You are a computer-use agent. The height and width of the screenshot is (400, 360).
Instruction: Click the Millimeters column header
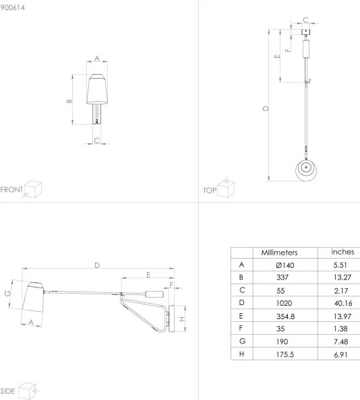tap(279, 252)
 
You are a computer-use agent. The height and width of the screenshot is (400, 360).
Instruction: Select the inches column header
tap(342, 251)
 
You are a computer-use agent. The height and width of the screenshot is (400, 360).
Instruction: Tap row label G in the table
tap(241, 341)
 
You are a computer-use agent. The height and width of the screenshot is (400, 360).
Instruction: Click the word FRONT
tap(11, 189)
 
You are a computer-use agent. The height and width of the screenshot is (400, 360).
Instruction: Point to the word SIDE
tap(8, 391)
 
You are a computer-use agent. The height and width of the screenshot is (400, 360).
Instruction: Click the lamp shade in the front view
tap(96, 90)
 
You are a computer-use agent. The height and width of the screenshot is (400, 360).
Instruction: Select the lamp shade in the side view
tap(30, 299)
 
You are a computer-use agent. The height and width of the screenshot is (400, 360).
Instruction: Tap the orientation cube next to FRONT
tap(33, 188)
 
